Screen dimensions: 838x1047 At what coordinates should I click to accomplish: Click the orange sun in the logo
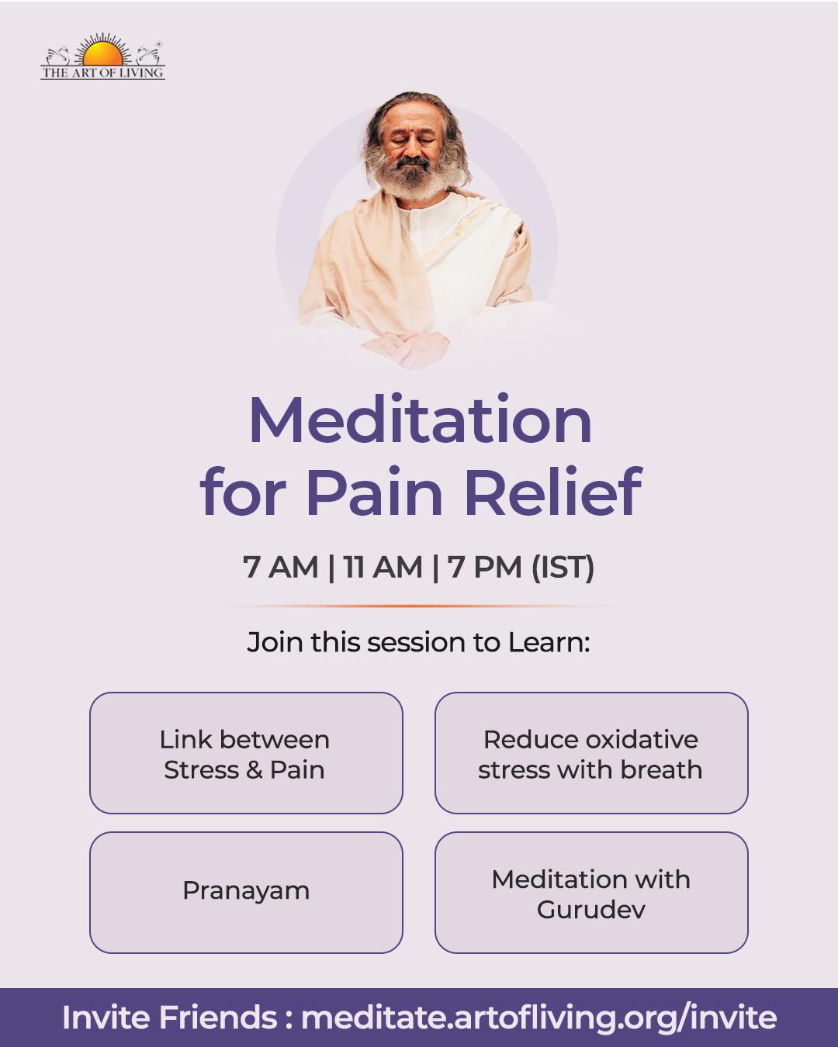point(102,54)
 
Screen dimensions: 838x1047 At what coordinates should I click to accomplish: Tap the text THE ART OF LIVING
point(102,73)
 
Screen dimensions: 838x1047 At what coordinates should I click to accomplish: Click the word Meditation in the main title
point(421,420)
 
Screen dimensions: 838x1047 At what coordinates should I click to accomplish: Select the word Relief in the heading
point(554,491)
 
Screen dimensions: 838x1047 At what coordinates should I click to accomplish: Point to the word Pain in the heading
point(374,491)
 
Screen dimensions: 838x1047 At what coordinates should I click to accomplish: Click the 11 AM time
point(383,567)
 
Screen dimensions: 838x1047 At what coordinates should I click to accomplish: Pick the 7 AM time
point(280,567)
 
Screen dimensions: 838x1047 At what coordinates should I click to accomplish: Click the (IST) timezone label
point(563,567)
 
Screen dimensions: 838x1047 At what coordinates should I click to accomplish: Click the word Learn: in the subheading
point(549,642)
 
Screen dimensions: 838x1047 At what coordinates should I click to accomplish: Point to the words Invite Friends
point(170,1017)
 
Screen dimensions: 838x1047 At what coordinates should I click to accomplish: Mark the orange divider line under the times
point(419,606)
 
